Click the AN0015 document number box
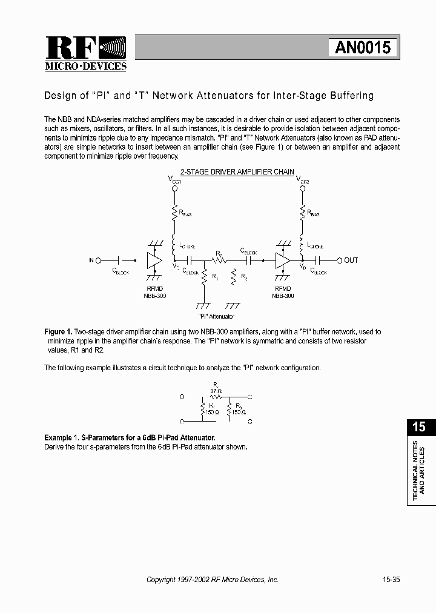click(363, 48)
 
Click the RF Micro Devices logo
click(85, 53)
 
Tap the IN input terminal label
click(91, 260)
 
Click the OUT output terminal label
click(351, 260)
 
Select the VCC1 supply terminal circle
click(175, 189)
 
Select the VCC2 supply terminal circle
click(301, 189)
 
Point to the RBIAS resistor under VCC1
click(175, 212)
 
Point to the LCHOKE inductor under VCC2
click(301, 244)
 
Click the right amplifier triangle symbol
click(282, 260)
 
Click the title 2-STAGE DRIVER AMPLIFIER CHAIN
click(237, 172)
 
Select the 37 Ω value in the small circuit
click(216, 391)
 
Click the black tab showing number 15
click(419, 426)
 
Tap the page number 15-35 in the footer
click(391, 580)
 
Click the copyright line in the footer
click(213, 580)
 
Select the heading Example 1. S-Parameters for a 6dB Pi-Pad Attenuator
click(130, 438)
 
